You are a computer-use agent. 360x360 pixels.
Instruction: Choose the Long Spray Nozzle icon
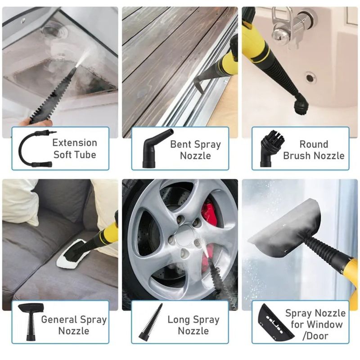click(x=151, y=321)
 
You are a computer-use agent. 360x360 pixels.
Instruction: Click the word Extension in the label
click(x=75, y=143)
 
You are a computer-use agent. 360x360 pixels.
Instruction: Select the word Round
click(x=314, y=144)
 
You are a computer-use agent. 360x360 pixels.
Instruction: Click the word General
click(x=59, y=319)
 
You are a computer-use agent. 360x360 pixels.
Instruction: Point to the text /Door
click(x=315, y=336)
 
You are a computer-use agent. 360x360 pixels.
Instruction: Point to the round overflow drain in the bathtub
click(x=310, y=77)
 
